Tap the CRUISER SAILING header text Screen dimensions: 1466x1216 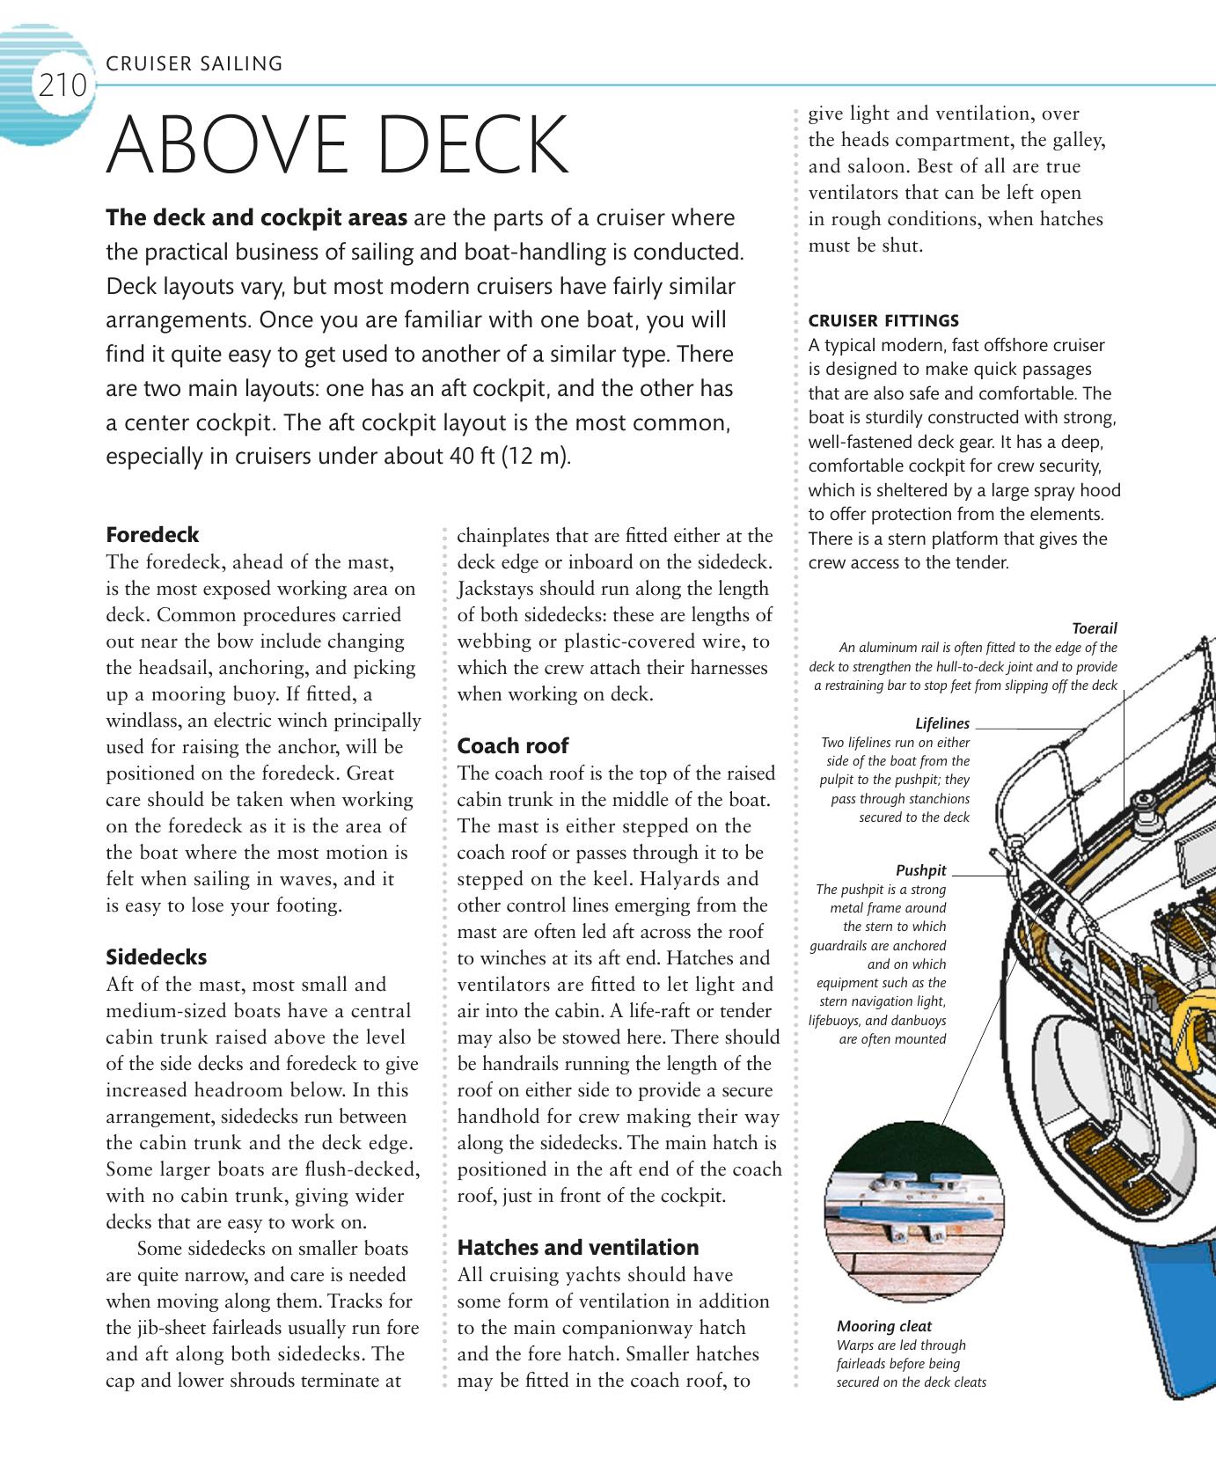coord(194,63)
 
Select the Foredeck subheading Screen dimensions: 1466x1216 coord(152,535)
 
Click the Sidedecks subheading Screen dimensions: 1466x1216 coord(157,957)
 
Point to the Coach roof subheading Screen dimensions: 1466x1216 coord(512,746)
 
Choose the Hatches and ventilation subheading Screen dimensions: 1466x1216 coord(578,1248)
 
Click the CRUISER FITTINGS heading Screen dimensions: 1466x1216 coord(883,320)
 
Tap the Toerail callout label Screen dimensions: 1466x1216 coord(1095,628)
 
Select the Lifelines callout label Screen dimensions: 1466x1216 coord(942,723)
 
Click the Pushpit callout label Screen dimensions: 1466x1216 coord(920,870)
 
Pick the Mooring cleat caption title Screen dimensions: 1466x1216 coord(883,1326)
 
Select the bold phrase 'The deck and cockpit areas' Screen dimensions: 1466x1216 coord(256,218)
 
